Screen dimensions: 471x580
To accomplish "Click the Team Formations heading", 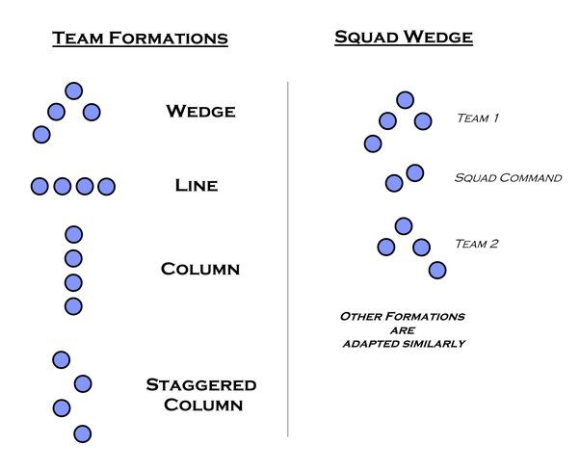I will pyautogui.click(x=140, y=39).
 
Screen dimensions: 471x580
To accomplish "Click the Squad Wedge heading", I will pyautogui.click(x=404, y=38).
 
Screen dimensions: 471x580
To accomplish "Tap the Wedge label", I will pyautogui.click(x=200, y=111).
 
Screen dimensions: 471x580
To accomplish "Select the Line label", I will pyautogui.click(x=196, y=185).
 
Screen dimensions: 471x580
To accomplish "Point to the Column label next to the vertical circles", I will pyautogui.click(x=199, y=269).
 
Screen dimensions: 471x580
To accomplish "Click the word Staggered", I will pyautogui.click(x=200, y=385).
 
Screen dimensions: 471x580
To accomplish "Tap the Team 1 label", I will pyautogui.click(x=477, y=118).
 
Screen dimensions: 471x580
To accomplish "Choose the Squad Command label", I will pyautogui.click(x=507, y=178).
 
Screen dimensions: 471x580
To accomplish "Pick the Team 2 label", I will pyautogui.click(x=476, y=244).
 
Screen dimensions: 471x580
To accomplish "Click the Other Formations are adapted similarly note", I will pyautogui.click(x=402, y=329).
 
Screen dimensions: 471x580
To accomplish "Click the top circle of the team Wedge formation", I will pyautogui.click(x=73, y=91).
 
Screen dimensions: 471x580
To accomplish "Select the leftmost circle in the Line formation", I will pyautogui.click(x=40, y=186).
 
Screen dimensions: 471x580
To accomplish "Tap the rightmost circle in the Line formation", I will pyautogui.click(x=106, y=186).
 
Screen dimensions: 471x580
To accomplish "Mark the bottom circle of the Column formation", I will pyautogui.click(x=73, y=306).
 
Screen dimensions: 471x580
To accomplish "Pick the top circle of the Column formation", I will pyautogui.click(x=73, y=234).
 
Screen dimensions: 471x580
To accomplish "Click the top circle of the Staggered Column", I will pyautogui.click(x=62, y=359).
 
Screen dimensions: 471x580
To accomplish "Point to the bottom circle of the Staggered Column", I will pyautogui.click(x=82, y=433).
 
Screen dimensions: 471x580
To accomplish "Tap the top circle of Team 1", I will pyautogui.click(x=405, y=99).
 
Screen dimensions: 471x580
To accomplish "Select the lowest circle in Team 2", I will pyautogui.click(x=437, y=270).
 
